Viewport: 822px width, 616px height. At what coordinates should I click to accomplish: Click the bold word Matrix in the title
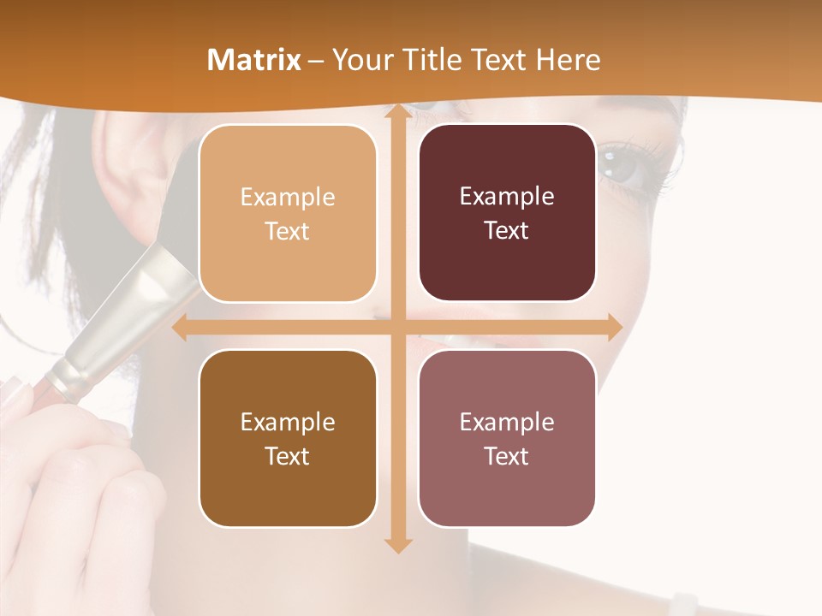pos(254,60)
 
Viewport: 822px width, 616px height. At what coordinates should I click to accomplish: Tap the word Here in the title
pos(568,60)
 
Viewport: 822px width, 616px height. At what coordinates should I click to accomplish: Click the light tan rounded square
pos(288,214)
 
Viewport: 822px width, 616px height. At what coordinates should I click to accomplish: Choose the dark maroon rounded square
pos(507,213)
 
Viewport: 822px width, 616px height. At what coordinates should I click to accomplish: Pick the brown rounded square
pos(288,438)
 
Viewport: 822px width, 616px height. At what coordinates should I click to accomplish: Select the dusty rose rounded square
pos(507,438)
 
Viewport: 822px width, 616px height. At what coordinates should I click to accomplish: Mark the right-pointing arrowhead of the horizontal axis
pos(613,328)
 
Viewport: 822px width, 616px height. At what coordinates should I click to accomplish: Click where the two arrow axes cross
pos(397,328)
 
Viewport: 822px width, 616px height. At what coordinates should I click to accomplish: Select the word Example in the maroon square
pos(507,197)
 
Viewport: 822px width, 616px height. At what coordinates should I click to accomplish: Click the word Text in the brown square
pos(288,456)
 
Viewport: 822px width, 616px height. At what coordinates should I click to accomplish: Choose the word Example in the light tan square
pos(288,198)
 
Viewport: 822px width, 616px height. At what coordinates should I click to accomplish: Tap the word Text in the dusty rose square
pos(507,456)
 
